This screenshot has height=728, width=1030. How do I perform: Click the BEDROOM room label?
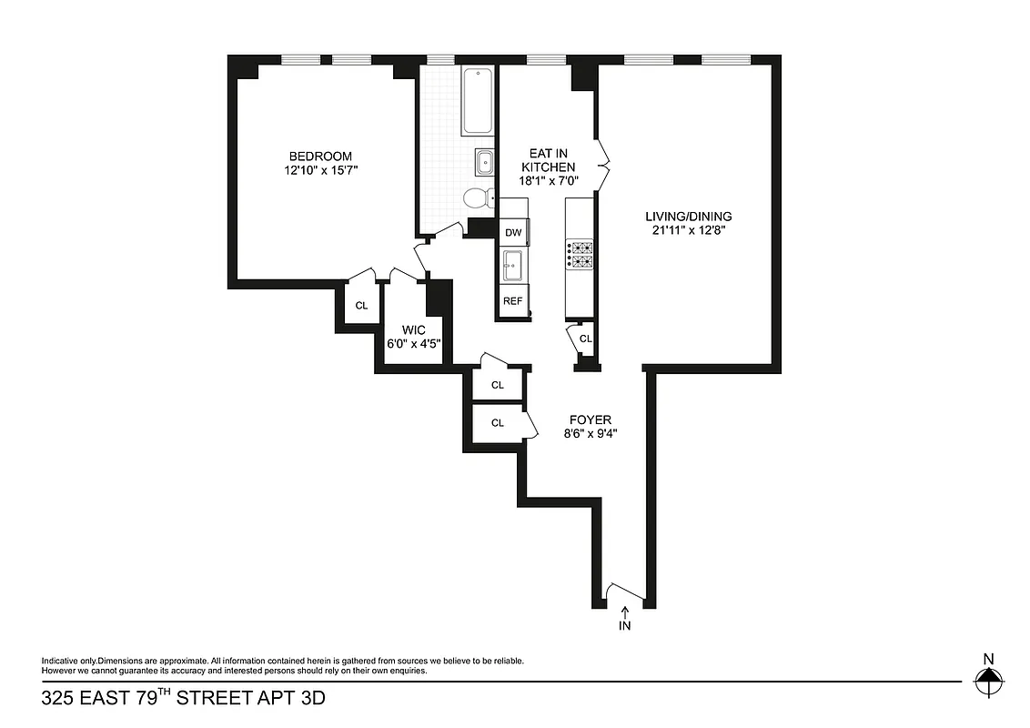click(x=320, y=157)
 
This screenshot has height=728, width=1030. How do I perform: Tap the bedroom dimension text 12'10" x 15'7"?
click(x=320, y=170)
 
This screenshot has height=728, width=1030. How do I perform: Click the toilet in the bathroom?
click(x=477, y=197)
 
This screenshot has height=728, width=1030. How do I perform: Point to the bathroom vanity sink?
click(x=484, y=162)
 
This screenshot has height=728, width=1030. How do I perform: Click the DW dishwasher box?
click(x=513, y=232)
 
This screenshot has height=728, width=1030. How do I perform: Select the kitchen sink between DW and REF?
click(x=512, y=266)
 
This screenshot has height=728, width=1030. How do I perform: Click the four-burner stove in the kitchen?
click(x=580, y=254)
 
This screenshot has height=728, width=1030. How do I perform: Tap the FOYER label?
click(x=591, y=420)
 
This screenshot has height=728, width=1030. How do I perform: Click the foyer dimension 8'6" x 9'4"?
click(x=591, y=433)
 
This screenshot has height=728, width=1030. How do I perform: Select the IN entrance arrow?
click(x=625, y=620)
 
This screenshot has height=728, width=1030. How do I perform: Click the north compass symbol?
click(x=988, y=677)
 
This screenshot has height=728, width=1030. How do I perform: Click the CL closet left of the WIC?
click(x=361, y=305)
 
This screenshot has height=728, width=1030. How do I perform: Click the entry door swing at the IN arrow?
click(x=625, y=591)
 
